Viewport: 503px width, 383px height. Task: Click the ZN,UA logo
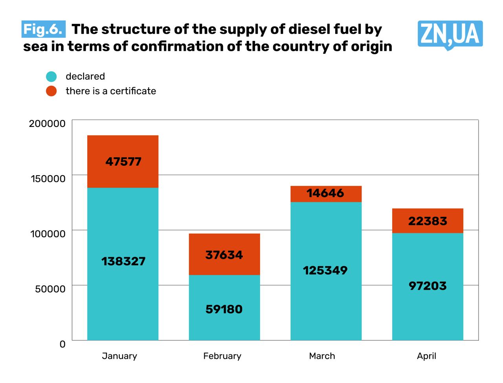click(450, 35)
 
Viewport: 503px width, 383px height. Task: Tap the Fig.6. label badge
click(43, 29)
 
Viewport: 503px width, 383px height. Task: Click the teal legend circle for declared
click(51, 77)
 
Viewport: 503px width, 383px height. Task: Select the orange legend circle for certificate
click(51, 91)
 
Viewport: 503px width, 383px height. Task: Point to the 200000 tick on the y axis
click(47, 123)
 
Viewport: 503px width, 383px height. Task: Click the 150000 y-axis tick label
click(48, 179)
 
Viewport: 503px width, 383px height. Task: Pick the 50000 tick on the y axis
click(50, 289)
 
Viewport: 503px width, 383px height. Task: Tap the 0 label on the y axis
click(62, 345)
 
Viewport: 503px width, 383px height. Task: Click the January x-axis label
click(119, 356)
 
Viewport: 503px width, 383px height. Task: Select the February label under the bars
click(222, 356)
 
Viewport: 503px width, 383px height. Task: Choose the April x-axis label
click(426, 356)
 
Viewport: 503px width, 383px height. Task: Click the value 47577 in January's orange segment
click(123, 161)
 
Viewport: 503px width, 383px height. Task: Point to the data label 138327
click(123, 261)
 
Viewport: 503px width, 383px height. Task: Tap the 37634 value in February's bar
click(224, 255)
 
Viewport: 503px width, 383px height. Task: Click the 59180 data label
click(224, 309)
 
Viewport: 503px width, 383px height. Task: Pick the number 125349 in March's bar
click(325, 270)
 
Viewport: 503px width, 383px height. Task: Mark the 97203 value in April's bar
click(428, 286)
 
